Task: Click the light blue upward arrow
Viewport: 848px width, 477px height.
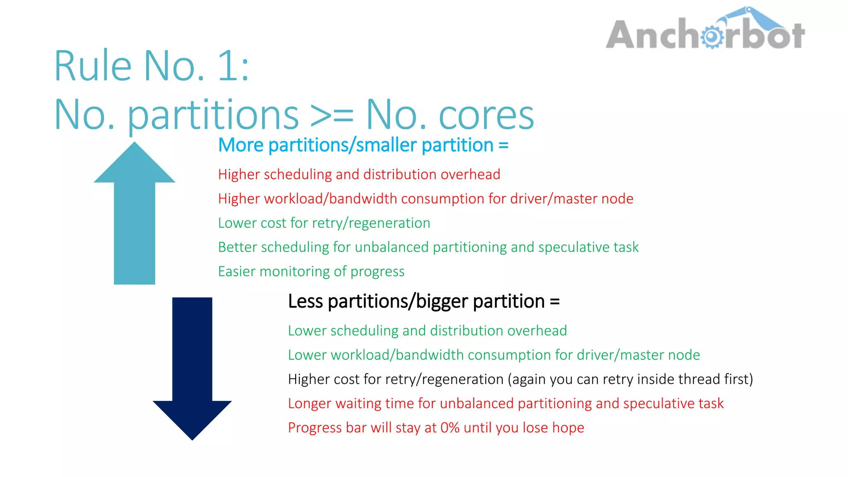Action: click(x=135, y=215)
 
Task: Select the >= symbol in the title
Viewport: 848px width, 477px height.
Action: click(x=332, y=115)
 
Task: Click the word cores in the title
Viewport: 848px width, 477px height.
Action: click(x=486, y=115)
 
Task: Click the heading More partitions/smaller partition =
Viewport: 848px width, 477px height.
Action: click(x=363, y=145)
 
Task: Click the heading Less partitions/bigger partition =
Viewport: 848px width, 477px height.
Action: click(x=424, y=301)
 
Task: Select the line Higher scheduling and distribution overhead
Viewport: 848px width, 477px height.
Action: click(x=359, y=174)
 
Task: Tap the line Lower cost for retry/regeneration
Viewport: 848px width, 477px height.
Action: click(x=324, y=223)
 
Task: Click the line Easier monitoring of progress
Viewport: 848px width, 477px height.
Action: click(x=311, y=272)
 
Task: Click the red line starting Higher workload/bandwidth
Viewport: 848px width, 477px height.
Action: click(x=425, y=199)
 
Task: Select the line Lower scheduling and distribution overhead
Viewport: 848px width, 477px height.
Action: click(x=427, y=331)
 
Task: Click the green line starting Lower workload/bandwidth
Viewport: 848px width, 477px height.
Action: click(x=494, y=355)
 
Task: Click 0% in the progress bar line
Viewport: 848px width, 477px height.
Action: click(x=450, y=428)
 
